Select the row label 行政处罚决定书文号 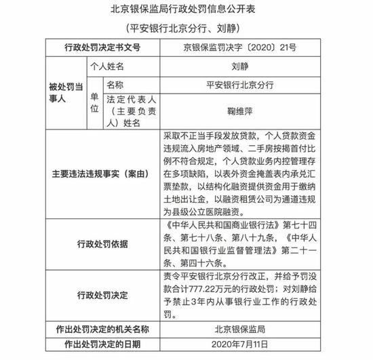point(102,48)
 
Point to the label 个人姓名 point(108,67)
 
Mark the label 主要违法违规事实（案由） point(102,174)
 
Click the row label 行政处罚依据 point(102,243)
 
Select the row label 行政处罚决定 point(102,295)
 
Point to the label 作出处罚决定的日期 point(102,346)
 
